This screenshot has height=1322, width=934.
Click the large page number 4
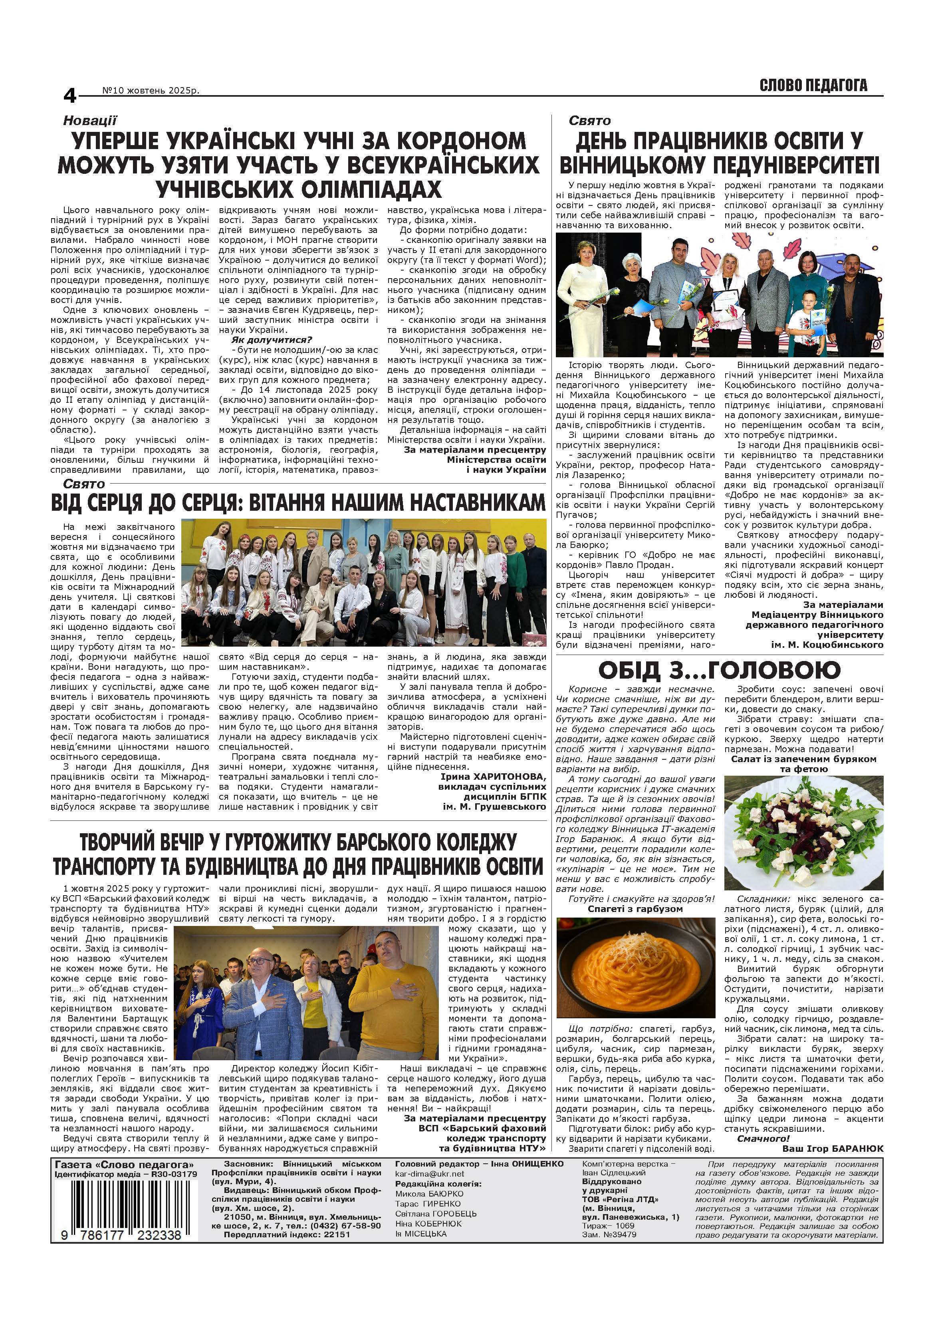pos(69,96)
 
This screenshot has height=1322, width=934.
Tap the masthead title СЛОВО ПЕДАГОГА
pos(813,86)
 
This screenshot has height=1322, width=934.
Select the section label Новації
pos(90,120)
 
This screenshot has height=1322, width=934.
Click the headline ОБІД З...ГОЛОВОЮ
pos(719,670)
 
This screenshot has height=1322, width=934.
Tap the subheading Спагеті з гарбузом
pos(635,909)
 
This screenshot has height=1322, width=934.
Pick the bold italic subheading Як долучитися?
pos(272,340)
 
